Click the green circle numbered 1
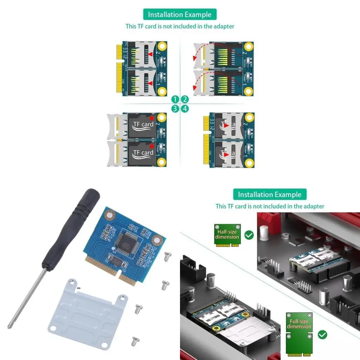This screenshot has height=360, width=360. point(175,99)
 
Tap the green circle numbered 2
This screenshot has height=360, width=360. point(185,99)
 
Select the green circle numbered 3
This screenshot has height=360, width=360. point(175,109)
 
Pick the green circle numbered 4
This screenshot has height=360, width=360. point(185,109)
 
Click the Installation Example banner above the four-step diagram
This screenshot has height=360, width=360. point(180,14)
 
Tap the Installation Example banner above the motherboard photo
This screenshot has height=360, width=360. point(270,194)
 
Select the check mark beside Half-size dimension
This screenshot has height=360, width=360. point(249,235)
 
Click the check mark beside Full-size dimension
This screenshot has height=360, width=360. point(322,334)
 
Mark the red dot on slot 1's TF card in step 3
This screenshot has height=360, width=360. point(152,146)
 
